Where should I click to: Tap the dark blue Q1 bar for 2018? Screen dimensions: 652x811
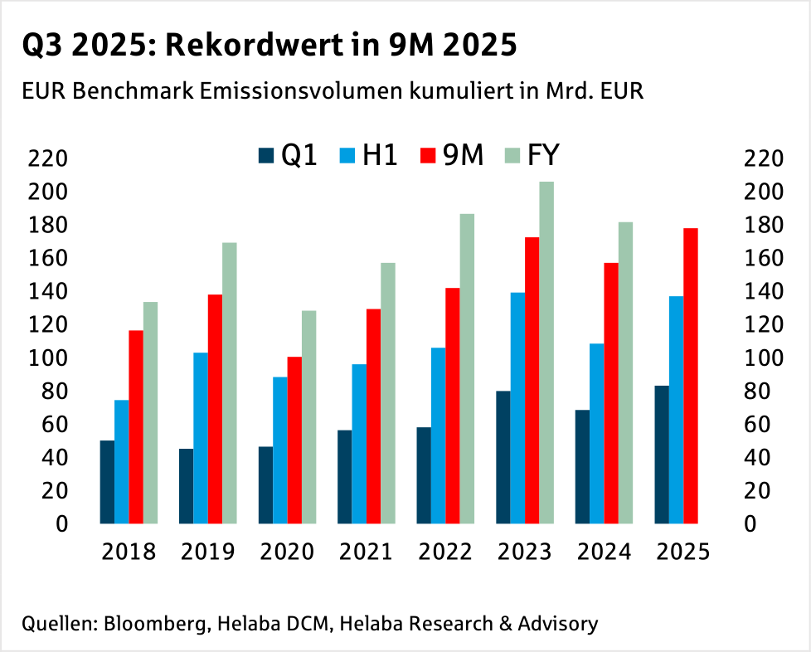[x=107, y=482]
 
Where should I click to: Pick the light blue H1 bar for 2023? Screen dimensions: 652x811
[x=517, y=408]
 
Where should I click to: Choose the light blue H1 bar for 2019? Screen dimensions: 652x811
[x=201, y=438]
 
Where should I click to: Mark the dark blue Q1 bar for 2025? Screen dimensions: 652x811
[x=662, y=455]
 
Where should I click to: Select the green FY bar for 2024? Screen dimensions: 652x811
[x=625, y=372]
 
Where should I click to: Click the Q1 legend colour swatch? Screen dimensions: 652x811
[x=266, y=155]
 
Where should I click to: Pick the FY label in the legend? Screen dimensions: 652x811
[x=544, y=155]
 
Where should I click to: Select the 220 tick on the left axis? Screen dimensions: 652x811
[x=50, y=158]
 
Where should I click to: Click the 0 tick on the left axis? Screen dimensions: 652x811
[x=61, y=523]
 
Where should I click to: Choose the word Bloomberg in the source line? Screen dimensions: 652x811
[x=155, y=624]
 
